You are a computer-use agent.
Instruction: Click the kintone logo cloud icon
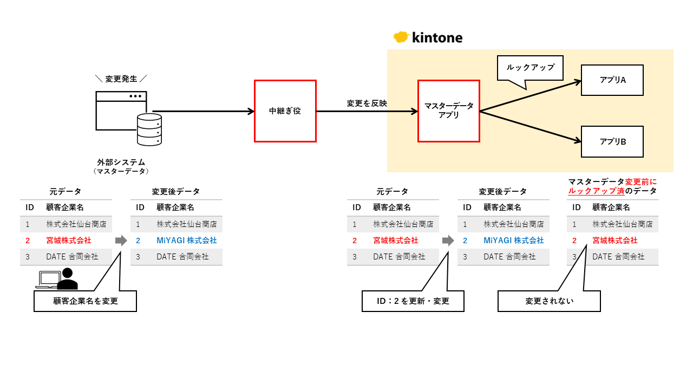tap(401, 37)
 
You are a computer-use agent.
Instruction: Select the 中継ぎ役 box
tap(285, 111)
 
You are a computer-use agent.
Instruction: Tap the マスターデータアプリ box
tap(448, 111)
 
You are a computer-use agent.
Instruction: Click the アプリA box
tap(612, 80)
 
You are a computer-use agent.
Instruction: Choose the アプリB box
tap(612, 141)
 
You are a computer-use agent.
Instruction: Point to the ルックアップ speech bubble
tap(530, 68)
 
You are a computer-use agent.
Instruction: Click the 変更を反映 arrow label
tap(367, 103)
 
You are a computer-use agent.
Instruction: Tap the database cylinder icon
tap(149, 129)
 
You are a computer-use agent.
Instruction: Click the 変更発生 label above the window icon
tap(121, 79)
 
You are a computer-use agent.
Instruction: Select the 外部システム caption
tap(121, 162)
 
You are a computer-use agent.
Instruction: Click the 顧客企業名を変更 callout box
tap(85, 301)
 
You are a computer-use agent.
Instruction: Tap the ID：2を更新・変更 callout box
tap(413, 301)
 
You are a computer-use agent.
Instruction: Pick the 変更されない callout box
tap(549, 301)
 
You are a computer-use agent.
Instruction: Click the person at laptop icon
tap(57, 278)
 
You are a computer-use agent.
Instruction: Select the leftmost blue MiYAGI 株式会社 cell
tap(186, 240)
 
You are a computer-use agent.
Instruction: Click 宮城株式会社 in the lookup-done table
tap(614, 240)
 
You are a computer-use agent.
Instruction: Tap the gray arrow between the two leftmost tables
tap(121, 240)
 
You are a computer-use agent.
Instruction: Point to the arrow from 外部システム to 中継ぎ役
tap(203, 112)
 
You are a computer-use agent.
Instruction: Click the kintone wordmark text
tap(437, 37)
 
